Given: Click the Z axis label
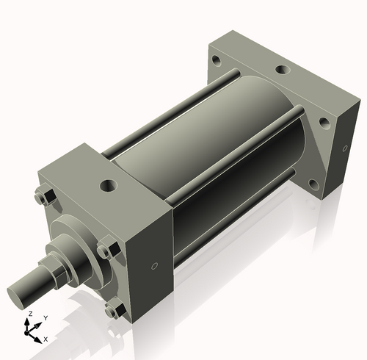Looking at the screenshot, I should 29,314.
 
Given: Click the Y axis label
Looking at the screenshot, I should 45,317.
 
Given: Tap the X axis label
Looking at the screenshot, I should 46,339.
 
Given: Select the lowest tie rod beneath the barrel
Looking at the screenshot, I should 235,220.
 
